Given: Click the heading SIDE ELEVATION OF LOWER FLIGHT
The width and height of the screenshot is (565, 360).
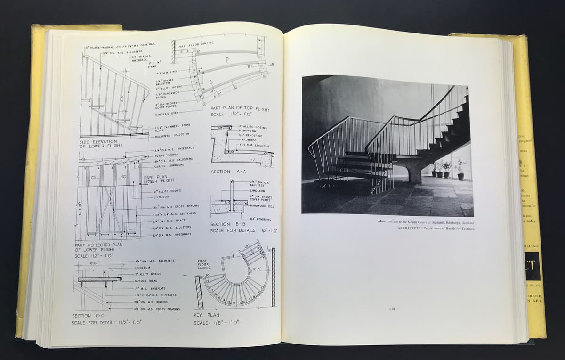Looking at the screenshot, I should click(x=101, y=143).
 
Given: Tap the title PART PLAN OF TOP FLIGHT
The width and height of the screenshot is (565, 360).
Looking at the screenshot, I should click(x=240, y=112).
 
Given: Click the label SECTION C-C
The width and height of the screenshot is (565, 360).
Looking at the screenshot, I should click(x=88, y=316).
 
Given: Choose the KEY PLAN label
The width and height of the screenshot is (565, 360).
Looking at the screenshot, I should click(x=206, y=315).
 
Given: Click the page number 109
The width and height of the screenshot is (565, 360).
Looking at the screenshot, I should click(x=392, y=309).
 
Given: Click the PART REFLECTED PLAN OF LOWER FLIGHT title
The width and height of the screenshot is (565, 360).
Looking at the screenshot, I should click(x=98, y=247).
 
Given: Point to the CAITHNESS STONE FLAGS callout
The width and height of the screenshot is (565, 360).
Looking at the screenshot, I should click(x=172, y=128).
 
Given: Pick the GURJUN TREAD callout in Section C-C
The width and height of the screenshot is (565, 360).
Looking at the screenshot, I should click(x=146, y=281).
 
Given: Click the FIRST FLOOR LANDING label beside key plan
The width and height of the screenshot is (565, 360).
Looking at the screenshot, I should click(x=203, y=264).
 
